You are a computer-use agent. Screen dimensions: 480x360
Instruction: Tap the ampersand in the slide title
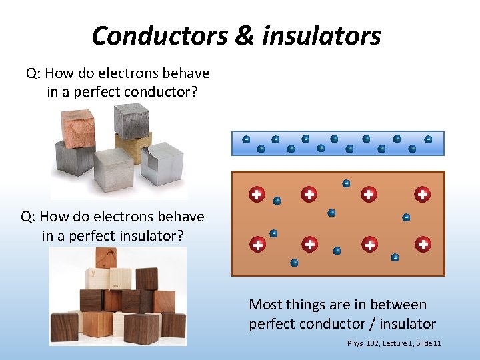pos(243,35)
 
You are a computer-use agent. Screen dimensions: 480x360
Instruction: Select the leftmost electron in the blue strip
pos(246,139)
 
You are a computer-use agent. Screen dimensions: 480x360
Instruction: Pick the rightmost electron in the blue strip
pos(428,139)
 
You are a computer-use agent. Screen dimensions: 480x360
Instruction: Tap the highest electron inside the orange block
pos(346,183)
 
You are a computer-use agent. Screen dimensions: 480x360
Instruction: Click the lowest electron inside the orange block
pos(294,263)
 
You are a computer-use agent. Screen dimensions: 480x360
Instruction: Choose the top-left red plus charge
pos(257,195)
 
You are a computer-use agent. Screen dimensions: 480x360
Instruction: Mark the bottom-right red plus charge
pos(423,245)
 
